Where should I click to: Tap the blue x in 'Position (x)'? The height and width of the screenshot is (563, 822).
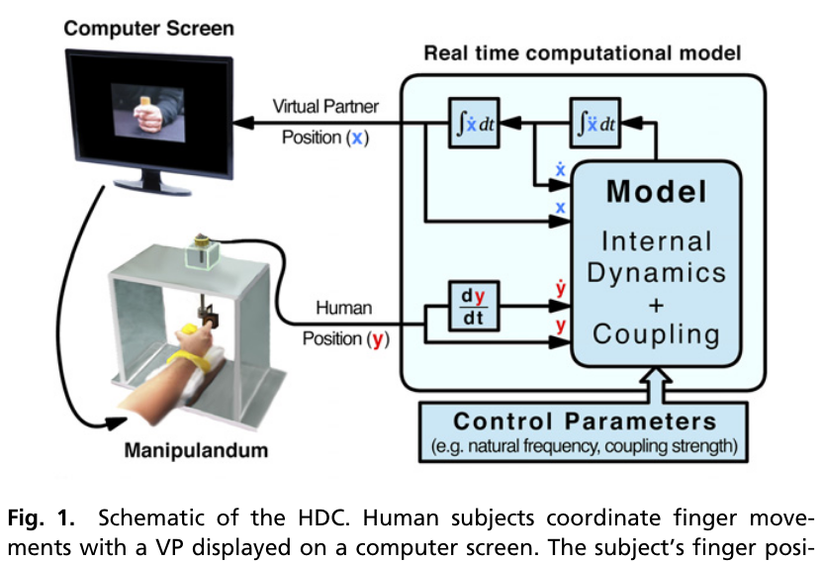pyautogui.click(x=356, y=138)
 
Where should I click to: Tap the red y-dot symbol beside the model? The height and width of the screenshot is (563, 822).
pyautogui.click(x=560, y=289)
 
